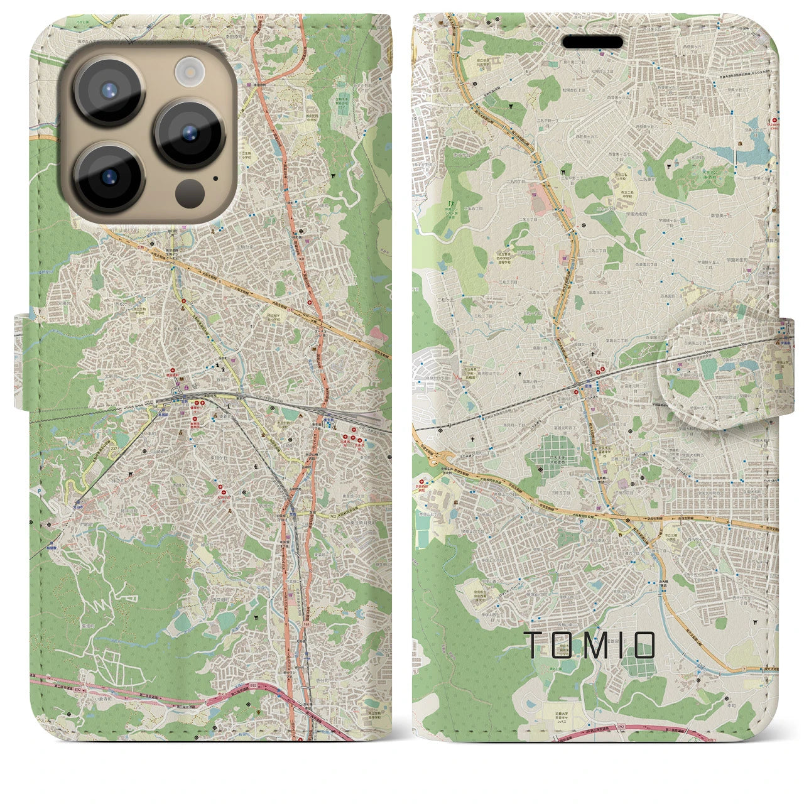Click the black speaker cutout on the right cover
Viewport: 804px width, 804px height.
click(592, 41)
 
